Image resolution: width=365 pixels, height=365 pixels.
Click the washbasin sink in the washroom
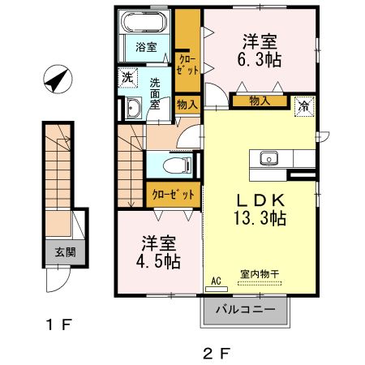coord(133,107)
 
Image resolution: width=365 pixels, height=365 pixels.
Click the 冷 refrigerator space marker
coord(303,104)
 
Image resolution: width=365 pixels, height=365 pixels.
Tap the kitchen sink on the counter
coord(269,157)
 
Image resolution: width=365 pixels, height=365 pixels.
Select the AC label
coord(216,281)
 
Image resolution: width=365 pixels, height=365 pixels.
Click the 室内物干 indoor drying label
coord(260,275)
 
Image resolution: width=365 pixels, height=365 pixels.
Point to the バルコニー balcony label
coord(245,309)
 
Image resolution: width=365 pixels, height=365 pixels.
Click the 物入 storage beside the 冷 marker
coord(260,101)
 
